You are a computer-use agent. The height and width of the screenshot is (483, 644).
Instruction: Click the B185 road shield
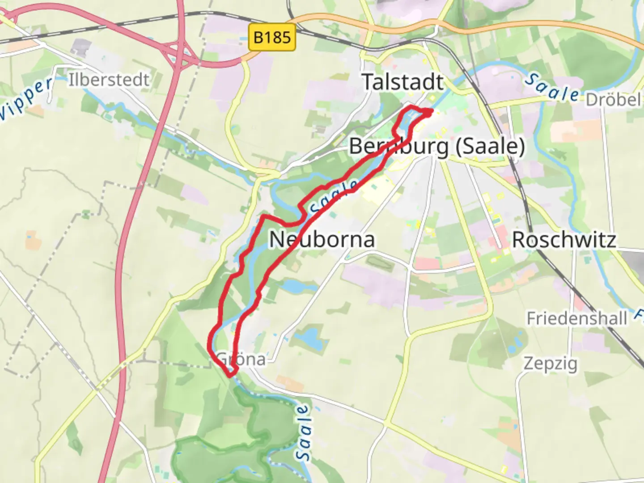click(x=272, y=37)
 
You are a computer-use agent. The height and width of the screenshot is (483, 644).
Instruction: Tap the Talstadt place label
click(x=402, y=82)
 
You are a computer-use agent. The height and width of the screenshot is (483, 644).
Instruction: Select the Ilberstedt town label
click(x=109, y=80)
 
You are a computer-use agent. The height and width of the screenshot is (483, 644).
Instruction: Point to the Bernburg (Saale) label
click(x=437, y=146)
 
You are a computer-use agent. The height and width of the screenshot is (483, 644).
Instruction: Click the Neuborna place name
click(x=322, y=239)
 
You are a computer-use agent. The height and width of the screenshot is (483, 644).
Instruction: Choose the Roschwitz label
click(x=563, y=240)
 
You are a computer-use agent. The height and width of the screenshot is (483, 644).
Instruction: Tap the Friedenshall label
click(x=576, y=318)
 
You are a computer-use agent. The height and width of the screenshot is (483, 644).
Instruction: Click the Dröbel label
click(x=613, y=99)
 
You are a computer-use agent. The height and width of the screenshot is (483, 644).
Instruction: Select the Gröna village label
click(x=241, y=359)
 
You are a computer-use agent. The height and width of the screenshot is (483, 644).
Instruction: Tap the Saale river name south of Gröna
click(x=303, y=432)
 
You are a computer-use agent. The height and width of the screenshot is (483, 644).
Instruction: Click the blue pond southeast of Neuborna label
click(x=293, y=286)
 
